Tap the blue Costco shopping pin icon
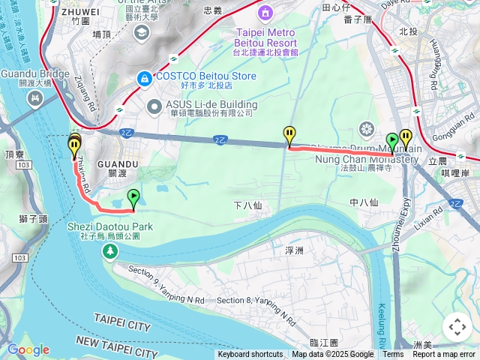click(143, 77)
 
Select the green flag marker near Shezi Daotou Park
click(133, 199)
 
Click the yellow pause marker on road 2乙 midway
click(289, 136)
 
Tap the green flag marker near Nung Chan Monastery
click(391, 141)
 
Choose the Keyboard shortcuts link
click(250, 355)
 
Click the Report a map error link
click(444, 355)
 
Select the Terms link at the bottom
click(393, 355)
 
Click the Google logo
click(28, 349)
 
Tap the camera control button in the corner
click(457, 327)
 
